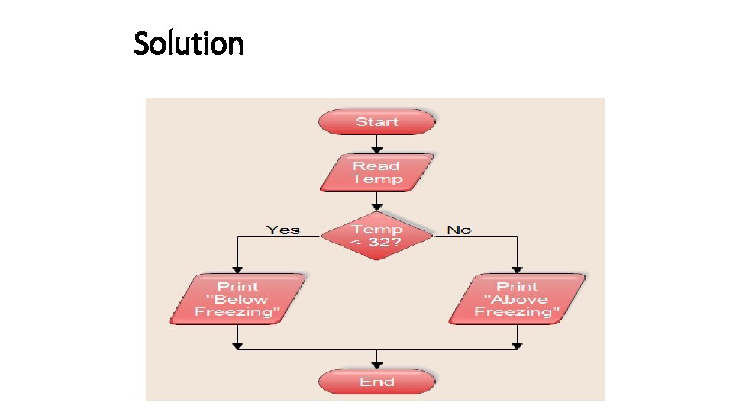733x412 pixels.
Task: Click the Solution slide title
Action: point(189,43)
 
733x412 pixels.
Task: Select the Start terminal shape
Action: point(376,122)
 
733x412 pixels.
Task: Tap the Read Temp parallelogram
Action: point(376,172)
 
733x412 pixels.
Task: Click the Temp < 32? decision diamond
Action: point(376,236)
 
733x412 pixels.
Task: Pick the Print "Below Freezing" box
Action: point(237,299)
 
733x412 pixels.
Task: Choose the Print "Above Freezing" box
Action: point(517,299)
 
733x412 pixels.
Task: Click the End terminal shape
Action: point(376,381)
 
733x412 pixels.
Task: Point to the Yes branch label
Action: point(283,230)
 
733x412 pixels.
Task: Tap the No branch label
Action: point(459,230)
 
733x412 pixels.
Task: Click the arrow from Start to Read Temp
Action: point(376,143)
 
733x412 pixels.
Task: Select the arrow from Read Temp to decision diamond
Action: point(376,201)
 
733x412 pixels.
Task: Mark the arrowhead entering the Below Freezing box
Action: point(237,269)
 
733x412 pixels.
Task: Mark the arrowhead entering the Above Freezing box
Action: point(517,269)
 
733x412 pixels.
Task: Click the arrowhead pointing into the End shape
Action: point(376,363)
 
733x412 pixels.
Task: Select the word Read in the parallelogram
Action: point(376,166)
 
